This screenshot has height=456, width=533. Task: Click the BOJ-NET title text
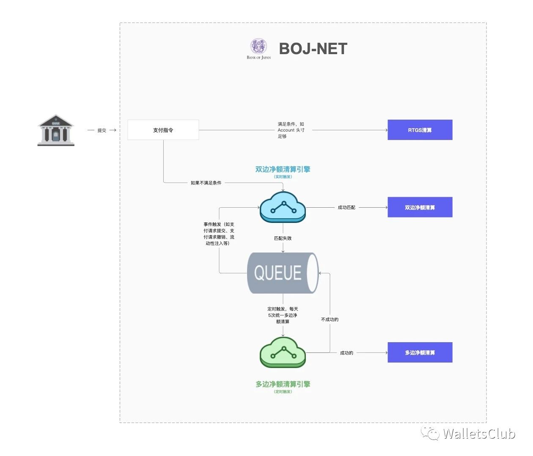click(313, 49)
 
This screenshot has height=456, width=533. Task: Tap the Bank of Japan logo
click(258, 47)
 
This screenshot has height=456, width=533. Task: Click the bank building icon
click(56, 130)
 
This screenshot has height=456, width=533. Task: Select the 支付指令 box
click(163, 130)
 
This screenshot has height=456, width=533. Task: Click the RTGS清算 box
click(420, 130)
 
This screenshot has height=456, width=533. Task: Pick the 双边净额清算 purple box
click(420, 207)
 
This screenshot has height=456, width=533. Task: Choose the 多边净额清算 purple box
click(420, 352)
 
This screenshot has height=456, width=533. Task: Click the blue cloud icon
click(283, 206)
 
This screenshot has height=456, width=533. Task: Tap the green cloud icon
click(283, 352)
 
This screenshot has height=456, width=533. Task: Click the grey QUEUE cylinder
click(282, 273)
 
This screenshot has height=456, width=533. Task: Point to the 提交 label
click(102, 130)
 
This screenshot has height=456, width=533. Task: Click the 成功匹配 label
click(346, 207)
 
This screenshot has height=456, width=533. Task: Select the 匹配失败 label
click(283, 238)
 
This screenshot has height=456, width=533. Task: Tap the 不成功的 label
click(330, 319)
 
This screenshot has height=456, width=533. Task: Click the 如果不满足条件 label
click(206, 183)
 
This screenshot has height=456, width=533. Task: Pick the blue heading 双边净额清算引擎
click(283, 169)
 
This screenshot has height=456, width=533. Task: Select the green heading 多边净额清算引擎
click(283, 384)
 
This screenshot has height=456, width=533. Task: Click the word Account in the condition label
click(286, 130)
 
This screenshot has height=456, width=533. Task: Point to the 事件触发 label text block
click(219, 233)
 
